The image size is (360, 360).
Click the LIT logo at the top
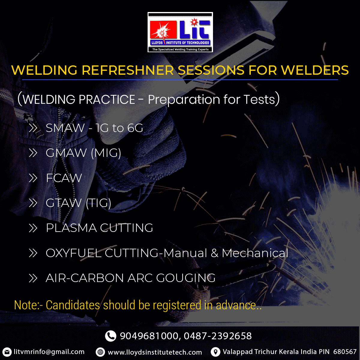180,32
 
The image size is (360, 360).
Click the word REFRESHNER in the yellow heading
128,70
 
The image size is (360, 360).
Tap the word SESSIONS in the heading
211,70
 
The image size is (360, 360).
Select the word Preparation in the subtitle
184,100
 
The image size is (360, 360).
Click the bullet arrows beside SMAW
33,128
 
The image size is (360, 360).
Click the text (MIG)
106,153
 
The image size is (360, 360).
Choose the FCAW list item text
64,178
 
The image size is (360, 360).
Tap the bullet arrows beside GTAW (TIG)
33,203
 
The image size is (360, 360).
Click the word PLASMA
71,228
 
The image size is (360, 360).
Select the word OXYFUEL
73,253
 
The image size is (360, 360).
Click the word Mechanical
255,253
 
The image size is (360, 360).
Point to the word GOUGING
186,278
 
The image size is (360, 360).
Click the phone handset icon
111,336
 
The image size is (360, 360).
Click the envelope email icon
7,352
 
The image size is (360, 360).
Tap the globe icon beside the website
100,352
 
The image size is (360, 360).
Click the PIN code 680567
345,352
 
